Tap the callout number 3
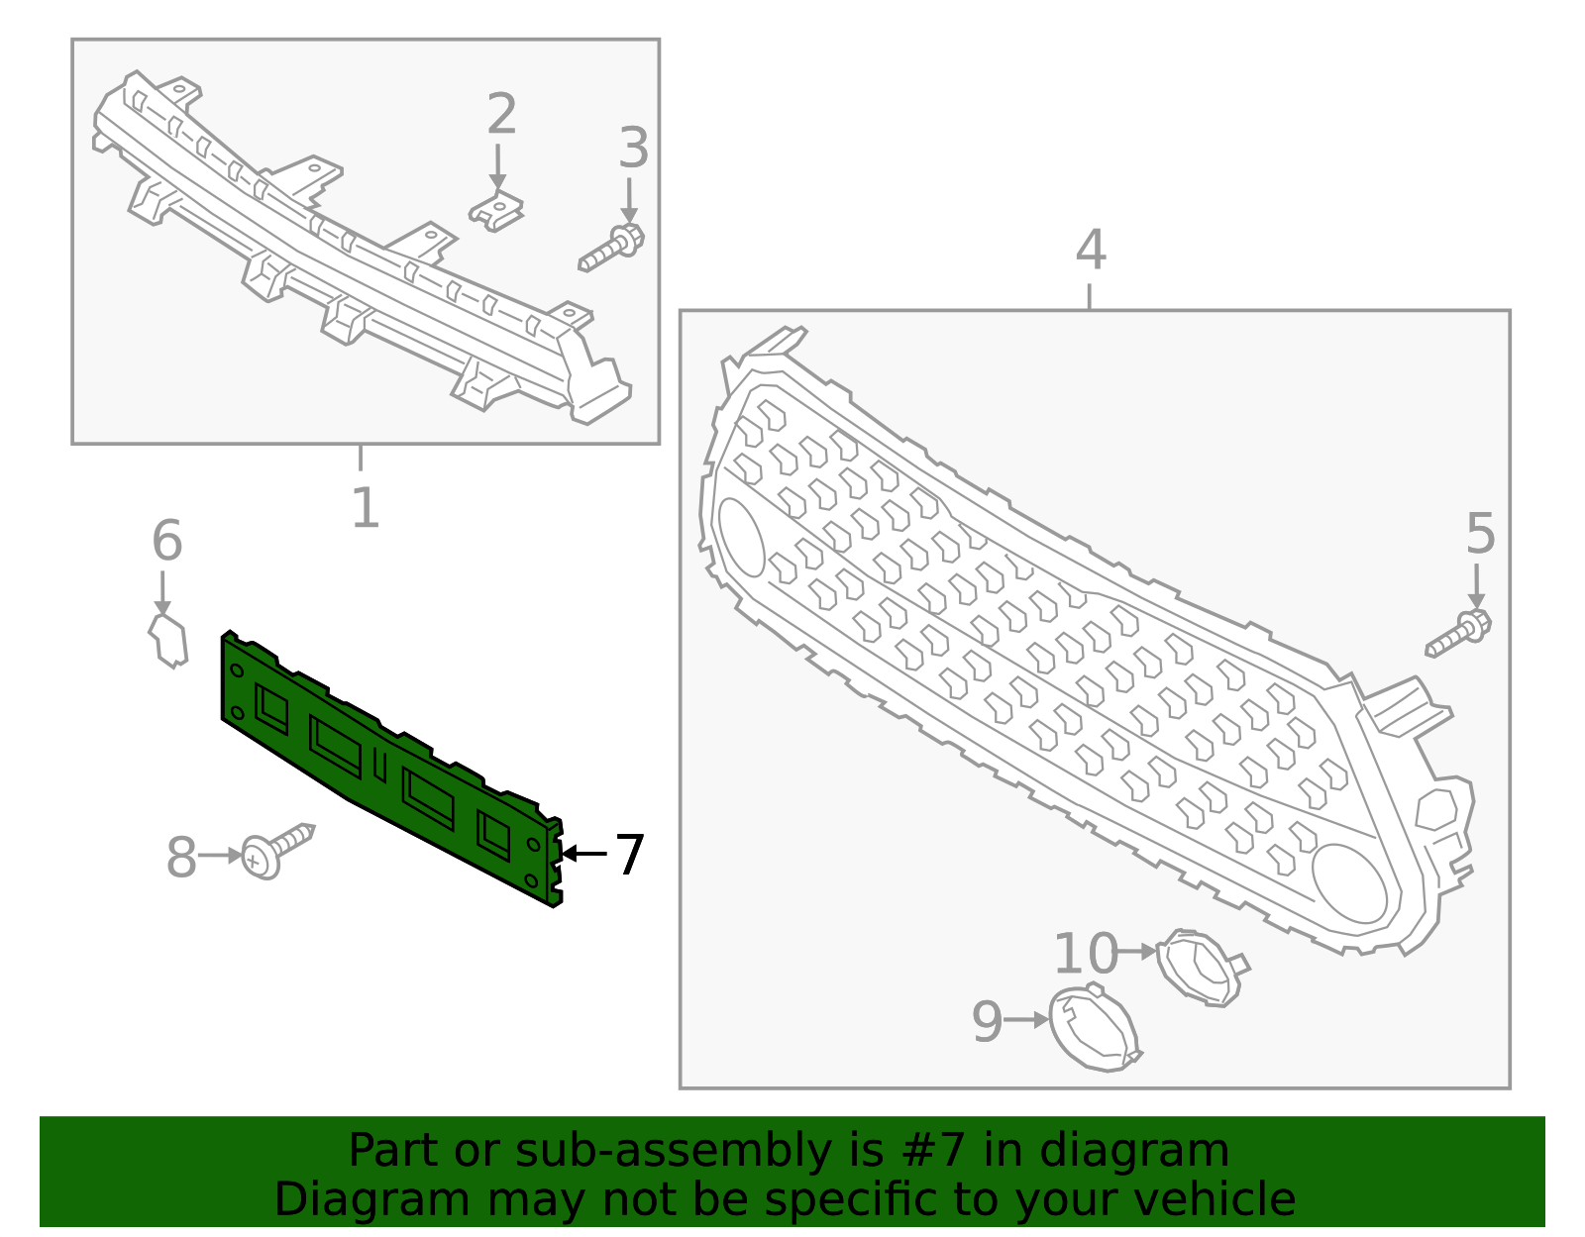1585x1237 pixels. click(x=633, y=148)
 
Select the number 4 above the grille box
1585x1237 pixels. click(x=1091, y=249)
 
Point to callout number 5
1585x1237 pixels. click(x=1480, y=533)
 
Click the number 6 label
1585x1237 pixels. click(x=167, y=540)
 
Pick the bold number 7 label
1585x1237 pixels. click(x=630, y=855)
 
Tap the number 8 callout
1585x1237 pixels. click(x=181, y=858)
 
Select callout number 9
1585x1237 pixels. click(x=988, y=1021)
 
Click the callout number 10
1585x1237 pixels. click(x=1086, y=954)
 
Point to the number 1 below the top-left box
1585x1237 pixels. click(x=366, y=508)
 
